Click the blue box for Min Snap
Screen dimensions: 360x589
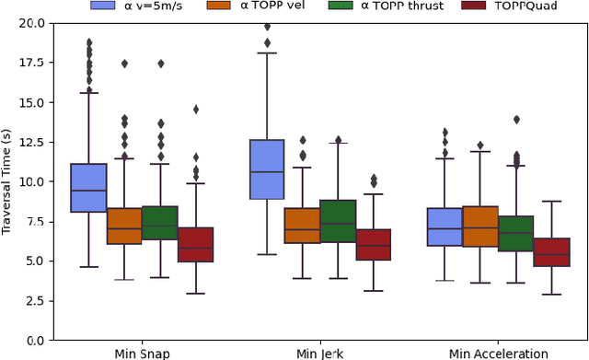88,188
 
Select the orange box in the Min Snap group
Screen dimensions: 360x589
124,226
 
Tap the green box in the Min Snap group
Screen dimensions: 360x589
160,223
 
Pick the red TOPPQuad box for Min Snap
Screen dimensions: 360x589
196,244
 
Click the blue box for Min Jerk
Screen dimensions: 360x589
267,169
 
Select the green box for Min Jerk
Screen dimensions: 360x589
339,221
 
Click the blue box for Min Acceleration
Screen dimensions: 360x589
445,226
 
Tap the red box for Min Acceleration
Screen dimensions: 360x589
553,252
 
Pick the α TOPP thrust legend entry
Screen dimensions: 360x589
387,7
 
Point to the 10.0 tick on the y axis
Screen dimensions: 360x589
29,181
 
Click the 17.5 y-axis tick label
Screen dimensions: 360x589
29,63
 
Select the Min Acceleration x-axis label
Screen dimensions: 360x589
498,354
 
